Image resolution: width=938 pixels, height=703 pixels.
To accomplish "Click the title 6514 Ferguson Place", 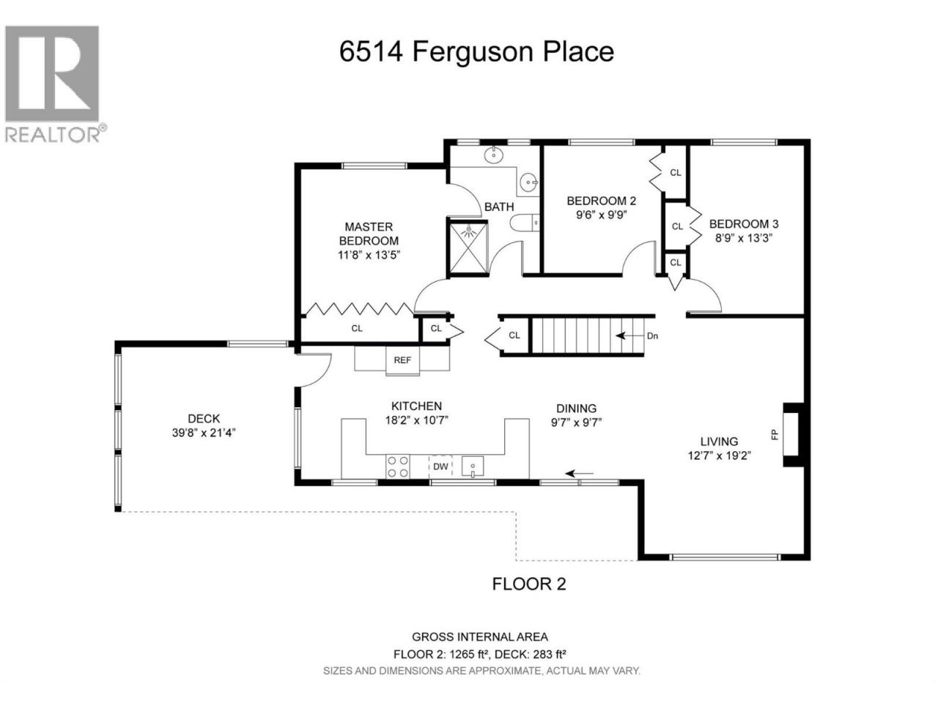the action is pos(476,52).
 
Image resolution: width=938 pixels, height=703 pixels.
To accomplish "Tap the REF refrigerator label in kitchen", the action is pos(402,360).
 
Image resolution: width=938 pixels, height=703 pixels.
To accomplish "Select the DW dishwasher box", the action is pos(440,466).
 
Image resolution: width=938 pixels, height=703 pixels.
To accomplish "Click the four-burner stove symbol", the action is pos(397,466).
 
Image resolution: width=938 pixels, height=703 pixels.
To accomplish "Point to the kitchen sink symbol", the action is pos(472,467).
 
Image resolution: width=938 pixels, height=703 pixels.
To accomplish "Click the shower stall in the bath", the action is pos(468,248).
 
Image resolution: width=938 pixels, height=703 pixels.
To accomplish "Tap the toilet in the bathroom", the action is pos(524,223).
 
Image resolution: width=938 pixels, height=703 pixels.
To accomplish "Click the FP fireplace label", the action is pos(775,434).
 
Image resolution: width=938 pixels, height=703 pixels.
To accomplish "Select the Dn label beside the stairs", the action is pos(652,336).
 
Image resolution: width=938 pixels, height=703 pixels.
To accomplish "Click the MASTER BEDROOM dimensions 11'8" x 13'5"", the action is pos(369,256).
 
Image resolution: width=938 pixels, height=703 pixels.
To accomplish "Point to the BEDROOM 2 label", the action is pos(601,201).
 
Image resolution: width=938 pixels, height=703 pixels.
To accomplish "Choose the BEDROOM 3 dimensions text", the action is pos(744,238).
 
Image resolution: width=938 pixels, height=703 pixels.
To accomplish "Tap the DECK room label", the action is pos(204,418).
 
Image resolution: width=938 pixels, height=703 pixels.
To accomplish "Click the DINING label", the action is pos(576,409).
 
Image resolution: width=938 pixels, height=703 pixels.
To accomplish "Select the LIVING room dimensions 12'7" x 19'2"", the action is pos(719,455).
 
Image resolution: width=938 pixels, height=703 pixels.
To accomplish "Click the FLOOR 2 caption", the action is pos(529,584).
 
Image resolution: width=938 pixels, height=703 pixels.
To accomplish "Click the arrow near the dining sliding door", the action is pos(579,473).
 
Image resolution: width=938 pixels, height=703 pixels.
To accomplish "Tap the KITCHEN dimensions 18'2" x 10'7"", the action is pos(416,420).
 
